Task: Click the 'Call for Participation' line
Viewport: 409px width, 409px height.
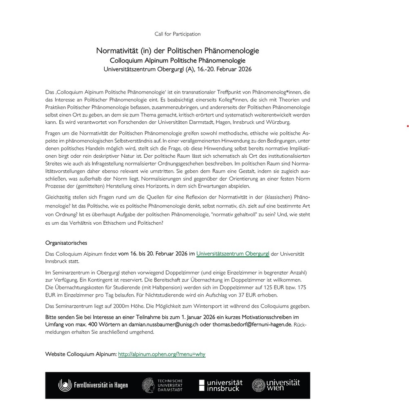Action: [178, 34]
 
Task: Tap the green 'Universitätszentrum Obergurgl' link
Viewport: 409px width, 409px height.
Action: [232, 254]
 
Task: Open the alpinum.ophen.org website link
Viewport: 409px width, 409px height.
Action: [162, 354]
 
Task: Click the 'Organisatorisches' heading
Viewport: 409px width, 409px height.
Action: [66, 243]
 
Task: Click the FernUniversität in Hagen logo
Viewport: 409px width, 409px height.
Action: [93, 385]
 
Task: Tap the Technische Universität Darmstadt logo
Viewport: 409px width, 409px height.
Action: [162, 385]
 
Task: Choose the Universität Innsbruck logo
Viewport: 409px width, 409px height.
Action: [221, 385]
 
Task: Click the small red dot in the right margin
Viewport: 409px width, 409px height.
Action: [408, 127]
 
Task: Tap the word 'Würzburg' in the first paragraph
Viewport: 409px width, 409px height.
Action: [278, 122]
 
